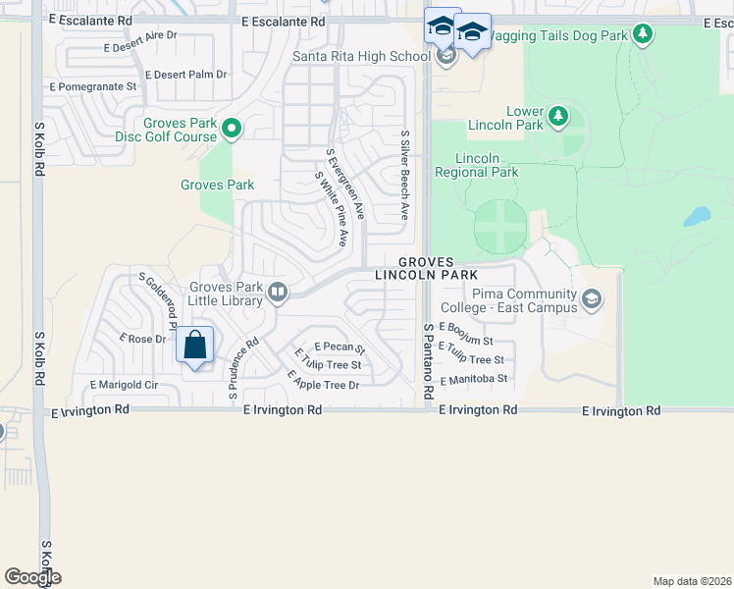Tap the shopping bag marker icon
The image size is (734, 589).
[x=195, y=346]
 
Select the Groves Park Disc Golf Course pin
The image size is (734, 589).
[x=233, y=128]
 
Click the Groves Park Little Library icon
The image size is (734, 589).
[x=279, y=291]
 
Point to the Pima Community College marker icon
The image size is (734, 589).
[x=592, y=298]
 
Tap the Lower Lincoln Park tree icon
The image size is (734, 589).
[x=558, y=117]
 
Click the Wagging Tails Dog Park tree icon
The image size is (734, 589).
[x=643, y=35]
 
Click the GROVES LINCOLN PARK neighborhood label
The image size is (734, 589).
[x=426, y=269]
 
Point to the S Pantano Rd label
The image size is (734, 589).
[x=428, y=361]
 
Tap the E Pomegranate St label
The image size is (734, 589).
[x=93, y=86]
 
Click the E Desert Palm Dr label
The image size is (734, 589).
[x=185, y=74]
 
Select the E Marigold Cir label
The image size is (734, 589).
[x=124, y=385]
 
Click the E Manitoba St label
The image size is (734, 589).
[x=474, y=378]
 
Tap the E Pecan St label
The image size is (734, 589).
[x=340, y=348]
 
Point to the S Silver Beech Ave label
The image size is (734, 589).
[x=403, y=175]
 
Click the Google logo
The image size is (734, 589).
[x=32, y=577]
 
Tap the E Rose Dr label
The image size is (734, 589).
[x=143, y=339]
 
